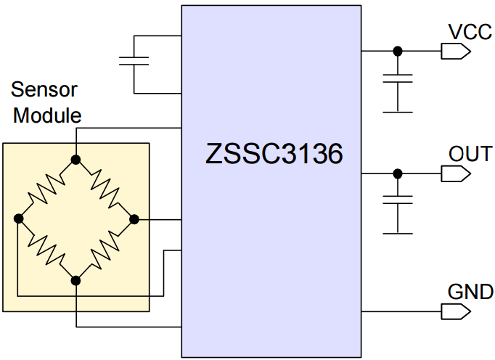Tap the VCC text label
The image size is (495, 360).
point(470,32)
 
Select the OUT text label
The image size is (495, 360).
point(470,154)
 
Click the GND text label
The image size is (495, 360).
point(470,292)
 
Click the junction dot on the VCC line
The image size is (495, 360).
point(397,51)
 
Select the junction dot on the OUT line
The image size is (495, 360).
point(397,173)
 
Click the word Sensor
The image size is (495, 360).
point(44,91)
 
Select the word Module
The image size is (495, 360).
point(48,115)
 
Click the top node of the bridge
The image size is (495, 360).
point(75,159)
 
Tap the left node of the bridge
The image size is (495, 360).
point(19,218)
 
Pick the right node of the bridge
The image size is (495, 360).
point(134,218)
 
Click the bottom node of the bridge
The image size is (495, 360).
point(75,279)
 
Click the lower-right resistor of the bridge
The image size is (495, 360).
point(105,248)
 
